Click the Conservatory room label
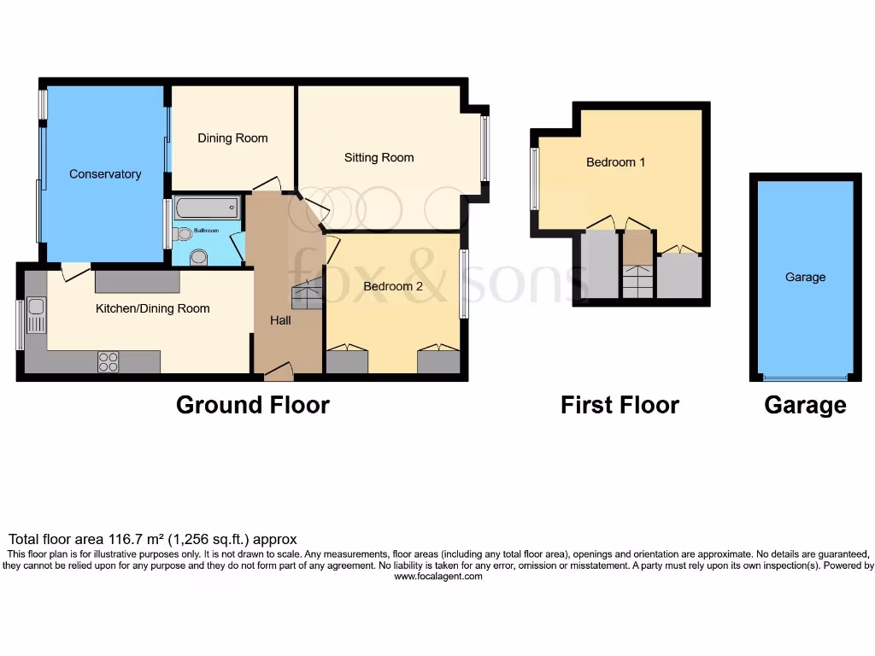pos(105,174)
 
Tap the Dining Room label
pos(232,138)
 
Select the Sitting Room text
pos(379,157)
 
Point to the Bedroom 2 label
pos(393,286)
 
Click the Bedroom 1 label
pos(615,162)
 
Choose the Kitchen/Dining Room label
pos(152,308)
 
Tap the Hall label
pos(280,320)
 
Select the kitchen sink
pos(36,314)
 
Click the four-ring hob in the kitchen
pos(109,362)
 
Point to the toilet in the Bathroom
pos(199,256)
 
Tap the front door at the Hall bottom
pos(279,372)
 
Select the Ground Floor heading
pos(252,405)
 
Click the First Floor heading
pos(620,405)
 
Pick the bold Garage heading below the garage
pos(805,405)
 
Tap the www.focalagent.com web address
pos(437,577)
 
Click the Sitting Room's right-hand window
pos(484,148)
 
